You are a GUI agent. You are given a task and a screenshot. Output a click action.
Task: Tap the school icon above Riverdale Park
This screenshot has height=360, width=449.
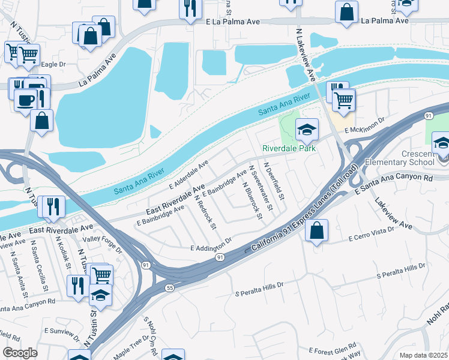[x=306, y=129]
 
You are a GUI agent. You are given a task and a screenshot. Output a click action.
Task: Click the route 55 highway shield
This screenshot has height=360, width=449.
[x=170, y=288]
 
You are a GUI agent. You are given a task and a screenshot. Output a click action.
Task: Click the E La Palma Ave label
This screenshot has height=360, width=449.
[x=232, y=22]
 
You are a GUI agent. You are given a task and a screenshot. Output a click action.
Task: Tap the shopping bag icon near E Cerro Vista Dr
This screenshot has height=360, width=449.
[x=316, y=230]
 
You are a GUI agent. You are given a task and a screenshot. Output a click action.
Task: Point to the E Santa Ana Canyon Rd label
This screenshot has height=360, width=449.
[x=394, y=185]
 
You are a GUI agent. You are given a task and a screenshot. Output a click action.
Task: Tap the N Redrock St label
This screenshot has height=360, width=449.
[x=205, y=212]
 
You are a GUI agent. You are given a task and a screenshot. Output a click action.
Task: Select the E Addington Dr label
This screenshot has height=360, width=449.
[x=211, y=245]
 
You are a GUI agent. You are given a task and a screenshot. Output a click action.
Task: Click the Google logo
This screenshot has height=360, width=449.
[x=20, y=352]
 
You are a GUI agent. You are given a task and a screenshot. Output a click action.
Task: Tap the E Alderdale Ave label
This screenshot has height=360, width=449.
[x=188, y=172]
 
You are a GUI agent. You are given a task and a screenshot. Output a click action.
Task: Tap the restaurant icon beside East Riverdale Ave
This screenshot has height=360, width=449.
[x=51, y=207]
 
